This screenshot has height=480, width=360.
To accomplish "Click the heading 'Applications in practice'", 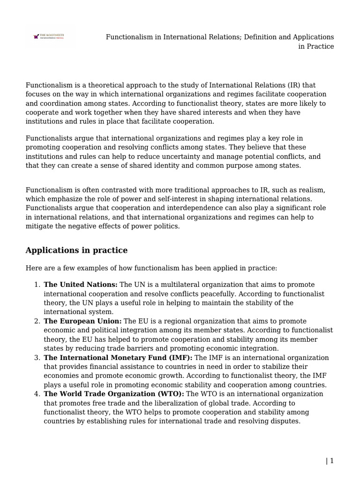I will pyautogui.click(x=76, y=250).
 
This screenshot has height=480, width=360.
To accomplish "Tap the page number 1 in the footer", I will pyautogui.click(x=332, y=461).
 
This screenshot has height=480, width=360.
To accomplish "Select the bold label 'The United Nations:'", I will pyautogui.click(x=81, y=285).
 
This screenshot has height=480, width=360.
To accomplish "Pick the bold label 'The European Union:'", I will pyautogui.click(x=82, y=322).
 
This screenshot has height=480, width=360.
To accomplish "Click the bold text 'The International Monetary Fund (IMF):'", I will pyautogui.click(x=118, y=358).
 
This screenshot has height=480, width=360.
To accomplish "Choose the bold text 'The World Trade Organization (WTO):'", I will pyautogui.click(x=114, y=394).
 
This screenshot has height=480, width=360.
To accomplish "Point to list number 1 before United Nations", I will pyautogui.click(x=37, y=285).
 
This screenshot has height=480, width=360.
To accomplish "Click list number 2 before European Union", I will pyautogui.click(x=37, y=322).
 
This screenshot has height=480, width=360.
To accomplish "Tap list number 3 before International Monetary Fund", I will pyautogui.click(x=37, y=358).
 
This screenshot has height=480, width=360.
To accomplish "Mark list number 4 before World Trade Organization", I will pyautogui.click(x=37, y=394).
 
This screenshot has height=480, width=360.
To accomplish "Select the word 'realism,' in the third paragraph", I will pyautogui.click(x=311, y=190).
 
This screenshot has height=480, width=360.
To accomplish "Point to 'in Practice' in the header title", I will pyautogui.click(x=316, y=46).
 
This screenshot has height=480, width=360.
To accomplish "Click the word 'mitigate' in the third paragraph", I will pyautogui.click(x=39, y=226).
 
